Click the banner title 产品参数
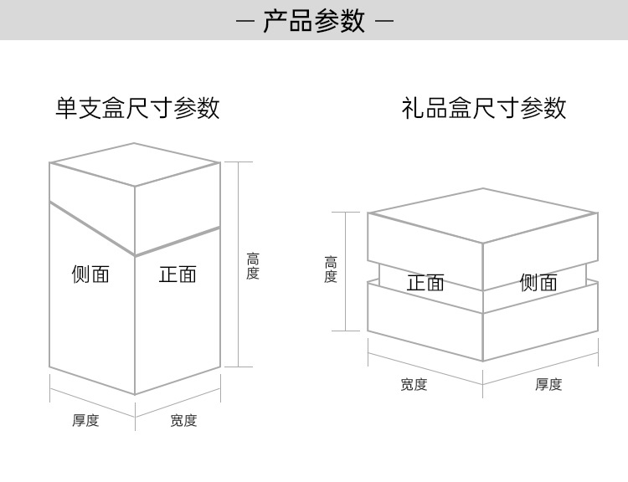314,21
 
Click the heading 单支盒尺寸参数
137,108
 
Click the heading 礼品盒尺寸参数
484,108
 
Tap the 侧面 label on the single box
90,274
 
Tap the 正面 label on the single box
178,274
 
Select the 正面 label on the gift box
425,283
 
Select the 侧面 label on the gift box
538,283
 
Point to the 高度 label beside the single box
253,267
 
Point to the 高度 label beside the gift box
331,269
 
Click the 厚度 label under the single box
85,420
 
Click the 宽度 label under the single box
183,420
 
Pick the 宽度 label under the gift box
414,384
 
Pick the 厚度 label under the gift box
548,384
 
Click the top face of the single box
135,165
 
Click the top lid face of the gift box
483,215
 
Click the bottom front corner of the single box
136,394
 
